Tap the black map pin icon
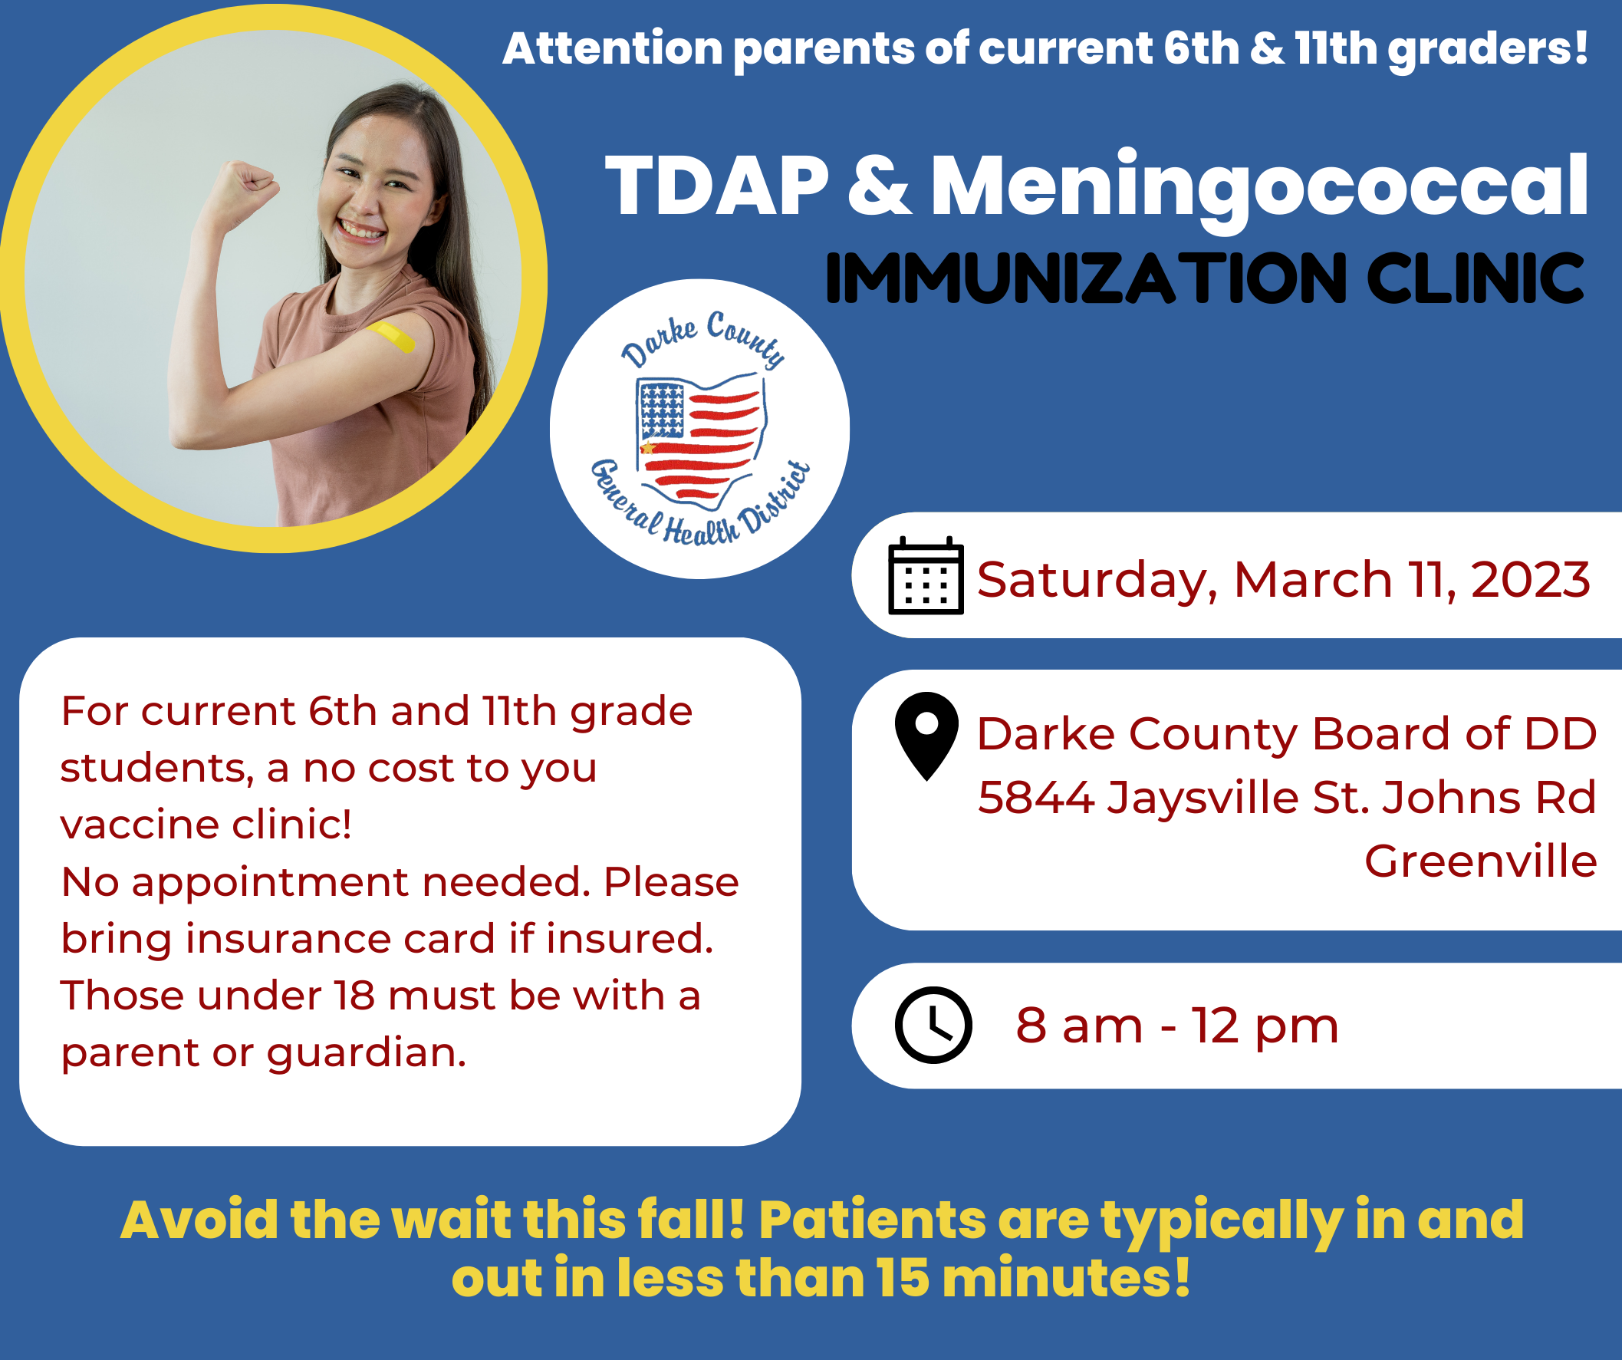point(926,736)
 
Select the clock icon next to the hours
point(933,1025)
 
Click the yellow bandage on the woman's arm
point(392,337)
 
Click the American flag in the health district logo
point(699,436)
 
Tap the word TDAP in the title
point(716,186)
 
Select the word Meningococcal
point(1259,190)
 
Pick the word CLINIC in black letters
point(1476,278)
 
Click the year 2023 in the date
point(1530,579)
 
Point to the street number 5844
point(1036,797)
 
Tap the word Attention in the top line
point(613,48)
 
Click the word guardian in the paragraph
point(366,1052)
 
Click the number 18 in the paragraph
point(354,996)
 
